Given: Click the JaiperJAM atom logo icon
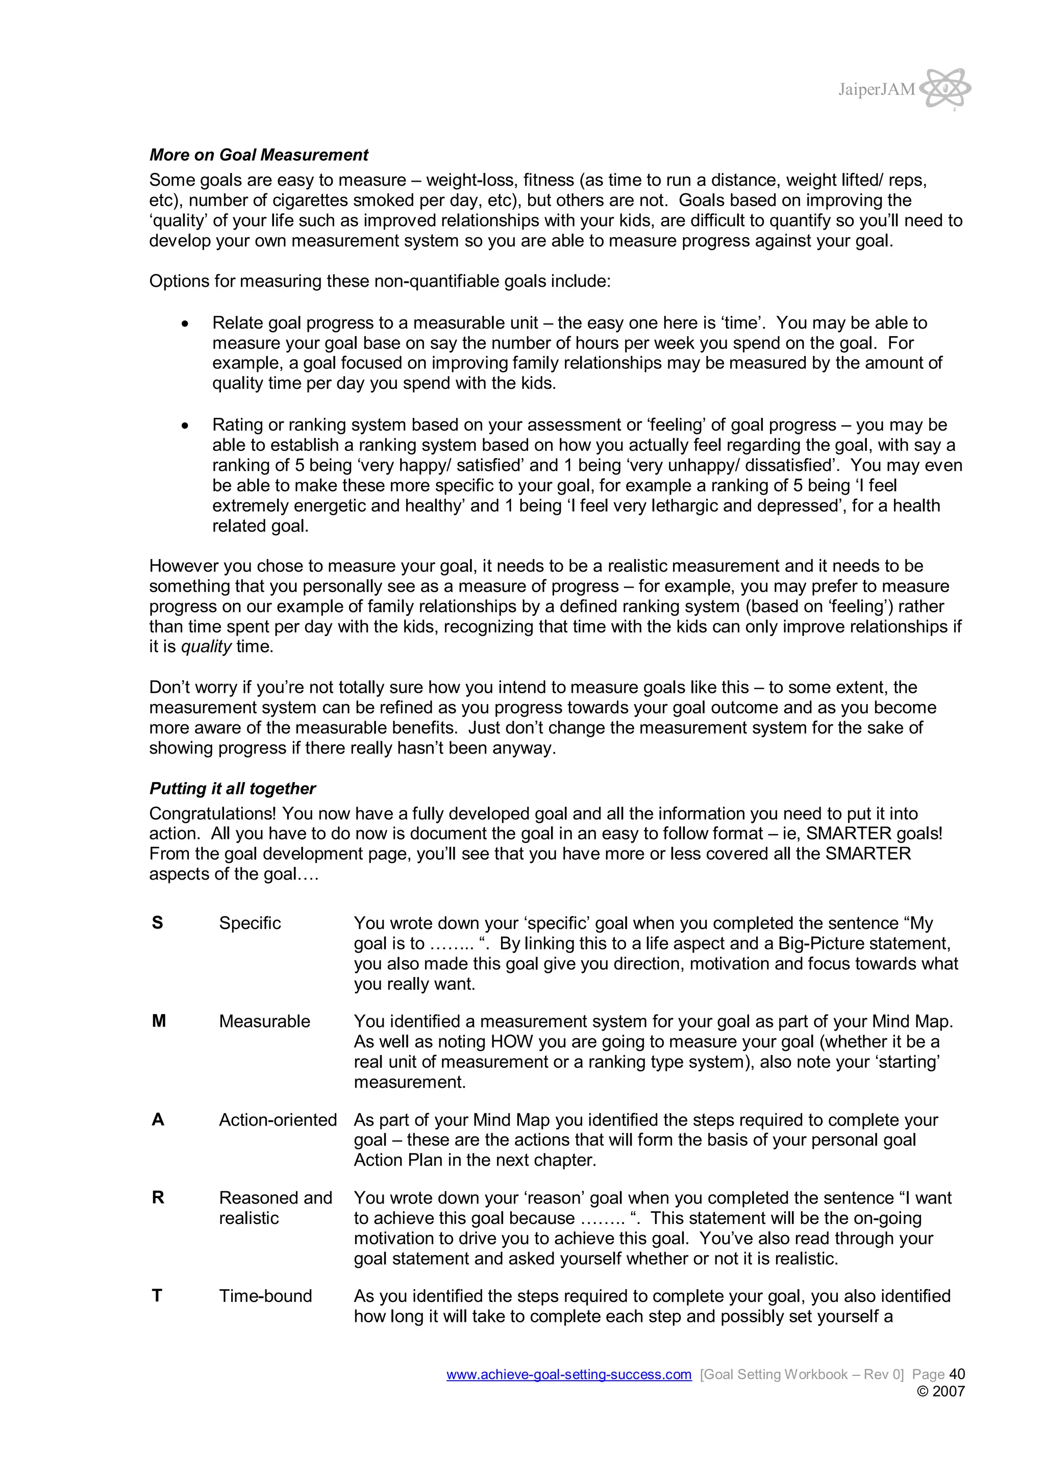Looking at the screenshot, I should click(x=944, y=88).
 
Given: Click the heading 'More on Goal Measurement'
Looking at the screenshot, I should click(x=258, y=155).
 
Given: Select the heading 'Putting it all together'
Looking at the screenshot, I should click(x=233, y=789).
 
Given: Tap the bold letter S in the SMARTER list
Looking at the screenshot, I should click(x=157, y=923).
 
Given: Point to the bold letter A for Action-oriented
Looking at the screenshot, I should click(x=158, y=1120).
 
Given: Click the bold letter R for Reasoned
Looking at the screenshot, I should click(x=158, y=1198).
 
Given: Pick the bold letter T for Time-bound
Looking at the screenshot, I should click(x=157, y=1296).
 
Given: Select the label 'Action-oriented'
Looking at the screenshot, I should click(x=278, y=1120).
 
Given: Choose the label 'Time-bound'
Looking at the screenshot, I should click(x=265, y=1296).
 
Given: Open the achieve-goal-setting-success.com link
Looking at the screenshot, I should click(x=568, y=1374).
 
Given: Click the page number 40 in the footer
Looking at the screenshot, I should click(x=957, y=1374).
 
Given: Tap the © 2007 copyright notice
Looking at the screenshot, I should click(x=940, y=1391).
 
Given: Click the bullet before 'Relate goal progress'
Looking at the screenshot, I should click(x=185, y=324).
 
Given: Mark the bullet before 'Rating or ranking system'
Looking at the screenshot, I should click(x=185, y=425).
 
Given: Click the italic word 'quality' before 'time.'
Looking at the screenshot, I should click(x=206, y=647).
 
